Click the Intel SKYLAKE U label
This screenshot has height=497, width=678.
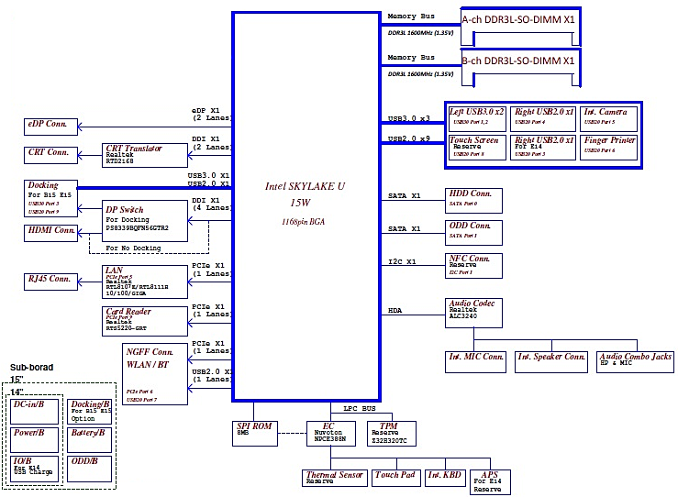(305, 186)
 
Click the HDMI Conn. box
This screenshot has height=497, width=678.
(51, 232)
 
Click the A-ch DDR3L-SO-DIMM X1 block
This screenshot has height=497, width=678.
(519, 20)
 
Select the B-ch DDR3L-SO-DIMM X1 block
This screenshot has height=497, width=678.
(519, 61)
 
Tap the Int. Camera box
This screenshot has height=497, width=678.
(610, 116)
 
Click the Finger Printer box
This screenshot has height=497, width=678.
(610, 146)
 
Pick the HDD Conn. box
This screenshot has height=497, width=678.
(474, 200)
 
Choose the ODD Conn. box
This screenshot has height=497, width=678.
(474, 230)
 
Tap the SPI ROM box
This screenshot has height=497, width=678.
(255, 432)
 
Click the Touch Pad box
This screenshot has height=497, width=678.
(395, 477)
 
